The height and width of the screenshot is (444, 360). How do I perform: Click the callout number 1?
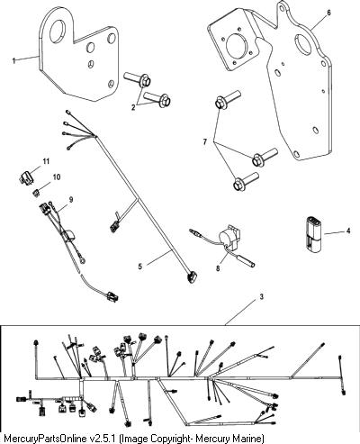click(13, 60)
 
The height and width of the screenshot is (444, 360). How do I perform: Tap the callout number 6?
click(328, 13)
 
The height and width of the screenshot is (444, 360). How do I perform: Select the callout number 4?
click(348, 231)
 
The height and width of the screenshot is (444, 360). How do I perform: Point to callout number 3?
click(262, 297)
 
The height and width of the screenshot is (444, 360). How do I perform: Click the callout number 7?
click(205, 141)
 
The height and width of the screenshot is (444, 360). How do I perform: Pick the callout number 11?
click(46, 161)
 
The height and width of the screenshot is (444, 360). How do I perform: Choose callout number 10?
click(57, 177)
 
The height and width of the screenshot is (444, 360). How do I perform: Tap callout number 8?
click(218, 267)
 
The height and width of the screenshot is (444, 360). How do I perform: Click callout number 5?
click(140, 267)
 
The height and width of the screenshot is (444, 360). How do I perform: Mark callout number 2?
click(133, 107)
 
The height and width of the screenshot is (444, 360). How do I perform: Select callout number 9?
click(71, 200)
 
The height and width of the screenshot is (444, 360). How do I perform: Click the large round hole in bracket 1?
click(58, 31)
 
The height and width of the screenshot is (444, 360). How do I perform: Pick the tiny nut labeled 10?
click(36, 193)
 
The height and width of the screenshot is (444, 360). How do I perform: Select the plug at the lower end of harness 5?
click(191, 276)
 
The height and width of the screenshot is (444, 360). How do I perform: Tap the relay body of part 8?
click(229, 237)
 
